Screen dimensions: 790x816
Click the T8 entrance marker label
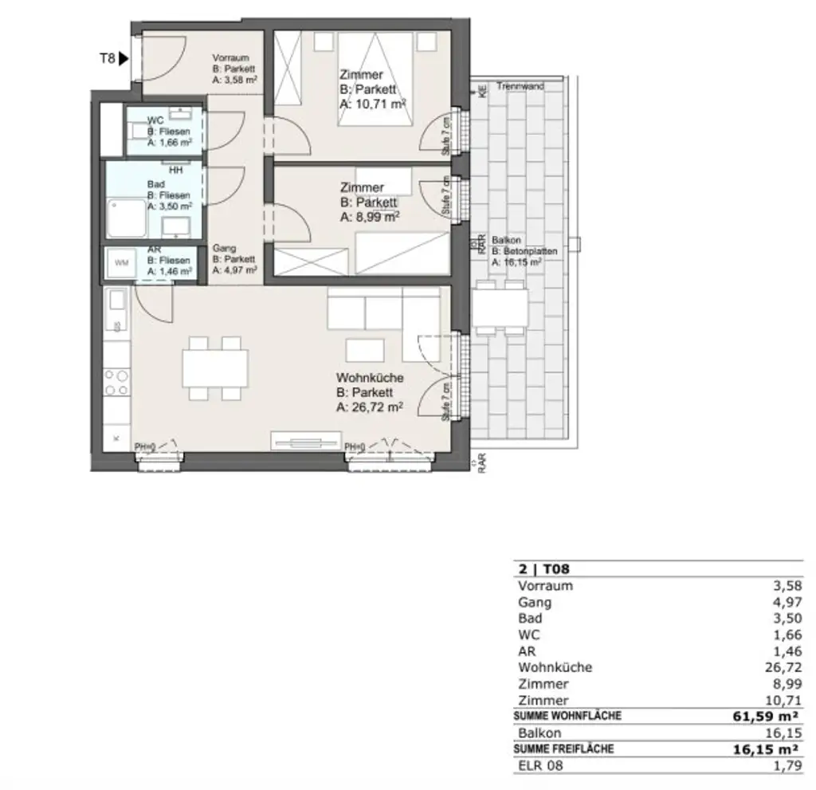(x=107, y=57)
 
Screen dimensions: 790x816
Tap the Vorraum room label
(x=231, y=58)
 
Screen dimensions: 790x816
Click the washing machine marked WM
(x=123, y=262)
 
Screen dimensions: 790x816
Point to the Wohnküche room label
(x=370, y=378)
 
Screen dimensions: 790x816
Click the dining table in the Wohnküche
(x=215, y=367)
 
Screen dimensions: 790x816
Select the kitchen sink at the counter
(x=116, y=301)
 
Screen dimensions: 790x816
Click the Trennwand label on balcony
(x=520, y=86)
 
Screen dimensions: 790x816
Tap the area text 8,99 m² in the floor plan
(x=369, y=216)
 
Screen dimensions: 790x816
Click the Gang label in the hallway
(x=224, y=248)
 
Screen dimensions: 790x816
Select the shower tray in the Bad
(x=124, y=218)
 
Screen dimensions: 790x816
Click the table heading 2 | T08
(x=543, y=569)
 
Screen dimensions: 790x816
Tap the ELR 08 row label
(x=540, y=766)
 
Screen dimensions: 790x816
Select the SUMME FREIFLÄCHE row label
(x=564, y=749)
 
